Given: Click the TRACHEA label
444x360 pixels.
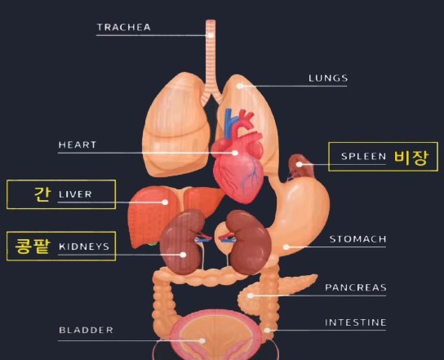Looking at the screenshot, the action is (x=124, y=27).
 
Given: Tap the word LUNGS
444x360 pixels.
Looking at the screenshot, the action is (x=328, y=78).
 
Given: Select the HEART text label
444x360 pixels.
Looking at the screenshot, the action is (x=78, y=144).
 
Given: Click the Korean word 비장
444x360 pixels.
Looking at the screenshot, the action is (x=411, y=158).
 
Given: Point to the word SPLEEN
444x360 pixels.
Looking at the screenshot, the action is (x=363, y=157).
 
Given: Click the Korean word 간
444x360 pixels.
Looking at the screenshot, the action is (x=42, y=194).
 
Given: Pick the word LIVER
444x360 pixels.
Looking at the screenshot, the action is (x=75, y=194).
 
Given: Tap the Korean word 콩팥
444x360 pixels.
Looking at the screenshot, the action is (x=33, y=246).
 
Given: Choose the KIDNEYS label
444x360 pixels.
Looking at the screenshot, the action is (x=84, y=247).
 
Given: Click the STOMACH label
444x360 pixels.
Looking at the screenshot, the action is (x=358, y=239).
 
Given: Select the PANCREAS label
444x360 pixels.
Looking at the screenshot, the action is (x=356, y=287).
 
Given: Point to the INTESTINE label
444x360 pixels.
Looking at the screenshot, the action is (x=355, y=322).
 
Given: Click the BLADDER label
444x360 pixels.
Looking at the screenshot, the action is (x=86, y=330).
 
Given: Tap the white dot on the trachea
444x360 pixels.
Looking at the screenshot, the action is (x=211, y=35).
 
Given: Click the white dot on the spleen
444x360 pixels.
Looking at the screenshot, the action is (x=299, y=164).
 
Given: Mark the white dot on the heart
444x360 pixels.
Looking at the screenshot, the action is (x=235, y=153).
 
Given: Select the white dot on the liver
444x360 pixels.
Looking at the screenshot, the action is (x=165, y=202).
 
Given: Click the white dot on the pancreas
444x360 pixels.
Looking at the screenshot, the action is (x=251, y=296).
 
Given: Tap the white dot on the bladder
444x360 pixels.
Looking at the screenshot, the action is (x=202, y=340).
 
